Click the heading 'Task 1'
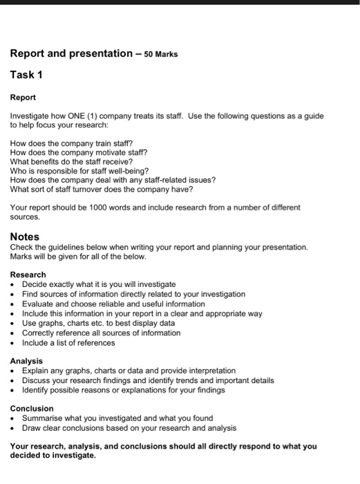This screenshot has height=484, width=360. [26, 75]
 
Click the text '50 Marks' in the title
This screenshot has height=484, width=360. [161, 54]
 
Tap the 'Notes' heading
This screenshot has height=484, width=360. [25, 236]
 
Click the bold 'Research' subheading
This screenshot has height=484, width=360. [28, 274]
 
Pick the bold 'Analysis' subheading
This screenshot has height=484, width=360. [26, 361]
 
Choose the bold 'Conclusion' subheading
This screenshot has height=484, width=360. [32, 409]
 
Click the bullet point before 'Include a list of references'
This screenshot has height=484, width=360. [14, 343]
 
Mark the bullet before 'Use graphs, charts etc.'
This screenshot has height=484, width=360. [14, 323]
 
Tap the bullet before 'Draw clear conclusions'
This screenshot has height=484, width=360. [14, 428]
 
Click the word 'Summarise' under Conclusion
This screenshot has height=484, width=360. [41, 418]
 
